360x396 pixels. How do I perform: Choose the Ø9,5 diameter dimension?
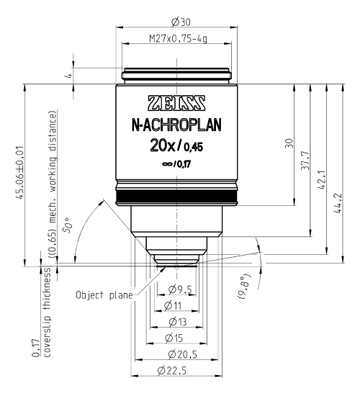click(178, 291)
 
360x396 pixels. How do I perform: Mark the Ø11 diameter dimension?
click(176, 306)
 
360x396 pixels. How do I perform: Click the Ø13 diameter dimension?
click(176, 322)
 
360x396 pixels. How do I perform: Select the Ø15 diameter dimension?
click(176, 338)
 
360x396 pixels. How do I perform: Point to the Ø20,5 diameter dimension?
click(176, 354)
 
